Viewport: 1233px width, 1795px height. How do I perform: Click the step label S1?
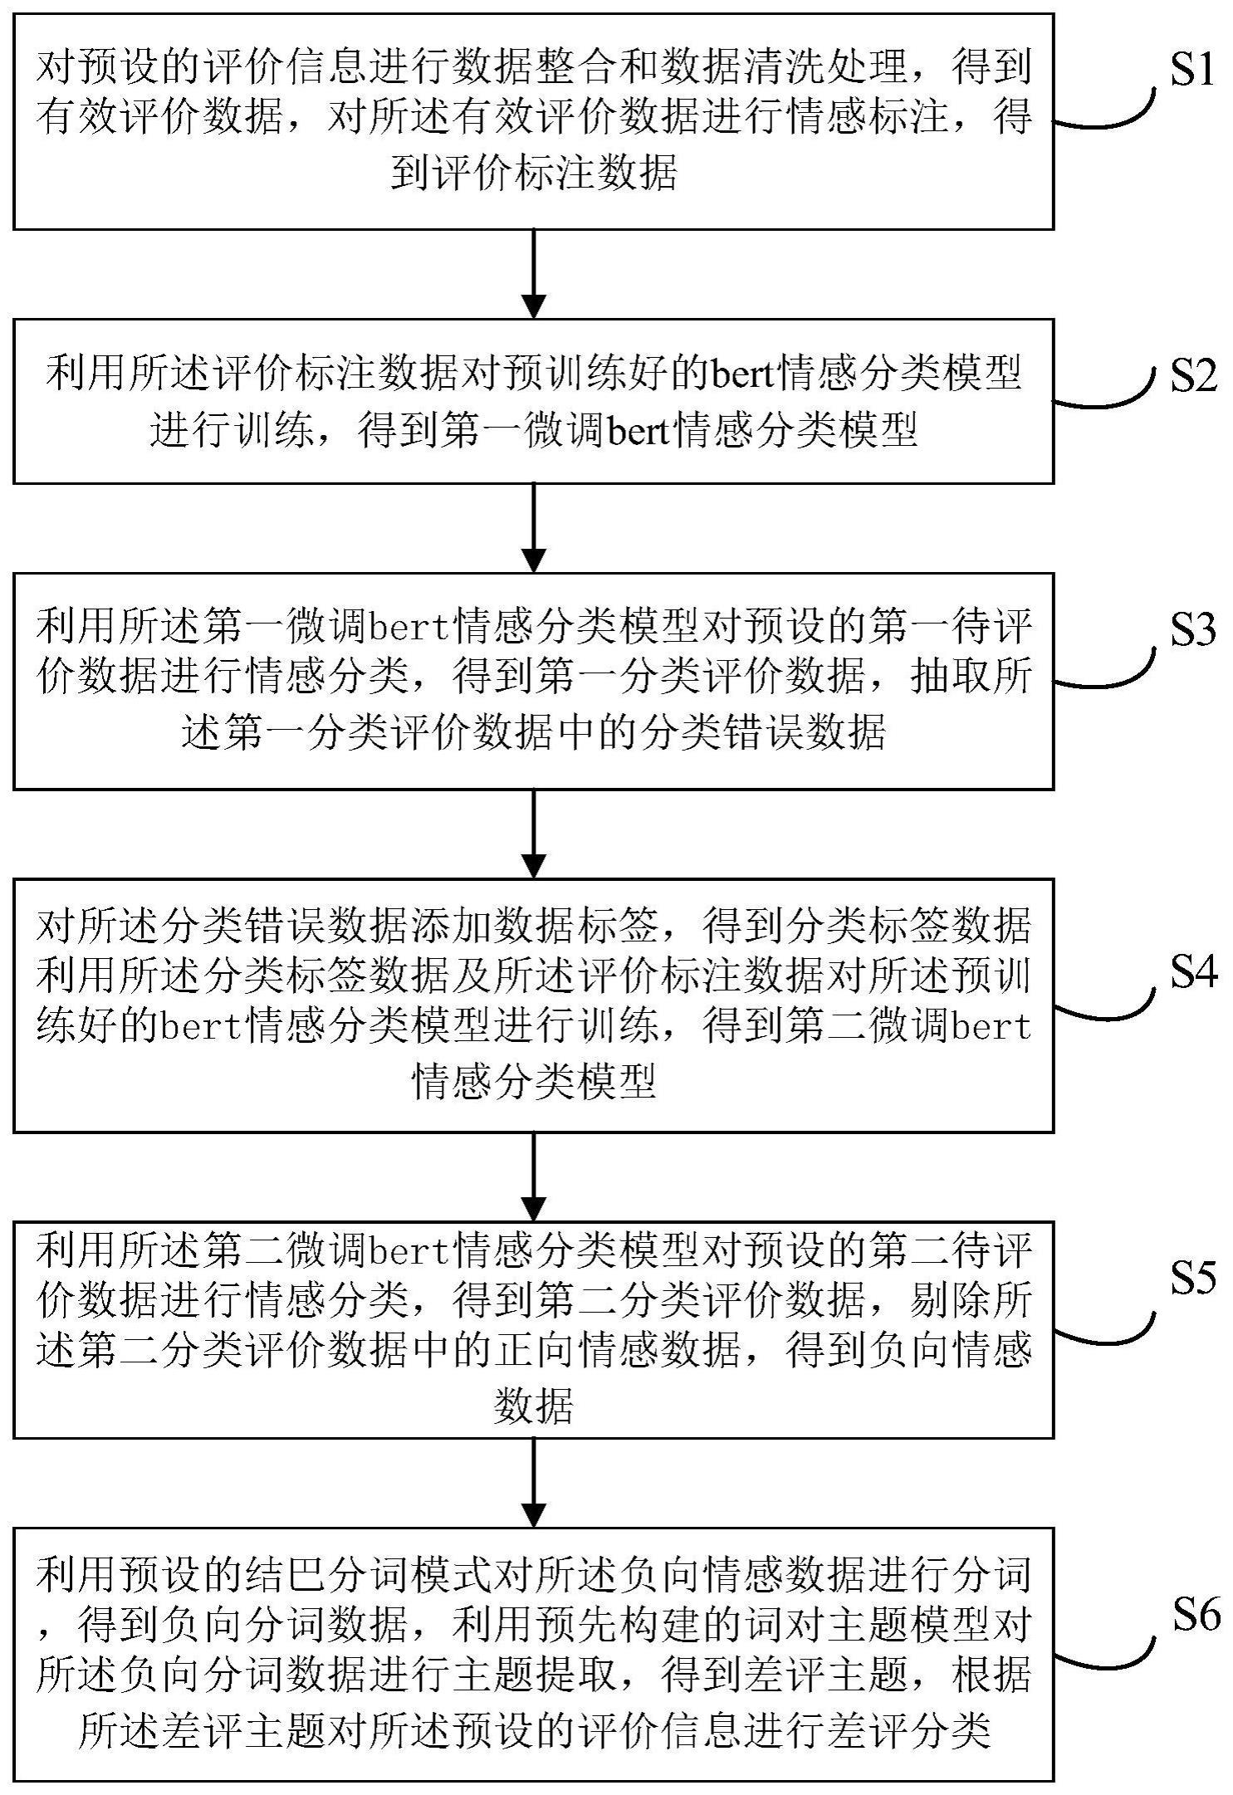[x=1193, y=72]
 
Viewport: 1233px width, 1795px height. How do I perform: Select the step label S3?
[x=1193, y=630]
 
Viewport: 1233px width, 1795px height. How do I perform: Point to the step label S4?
[x=1193, y=971]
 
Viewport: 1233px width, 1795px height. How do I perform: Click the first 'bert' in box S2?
[x=739, y=375]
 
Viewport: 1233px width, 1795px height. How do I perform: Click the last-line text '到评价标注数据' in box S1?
[x=534, y=174]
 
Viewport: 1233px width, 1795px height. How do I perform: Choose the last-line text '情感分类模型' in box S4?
[x=534, y=1080]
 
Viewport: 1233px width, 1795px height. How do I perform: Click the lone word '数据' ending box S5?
[x=534, y=1406]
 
